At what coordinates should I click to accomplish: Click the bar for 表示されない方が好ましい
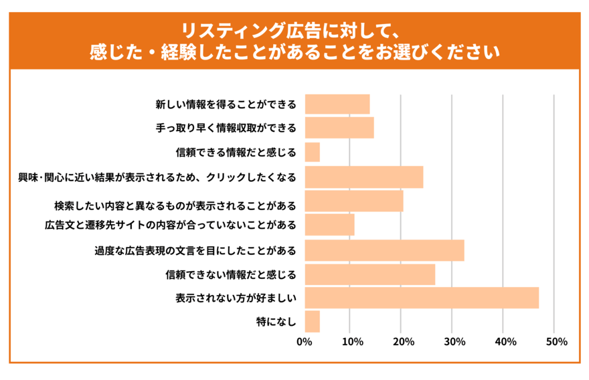tap(422, 298)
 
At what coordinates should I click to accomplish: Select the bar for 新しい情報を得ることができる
tap(337, 104)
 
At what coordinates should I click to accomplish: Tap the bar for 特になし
tap(312, 322)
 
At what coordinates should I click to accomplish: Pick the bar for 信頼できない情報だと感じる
tap(369, 274)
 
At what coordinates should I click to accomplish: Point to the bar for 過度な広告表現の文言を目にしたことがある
tap(384, 250)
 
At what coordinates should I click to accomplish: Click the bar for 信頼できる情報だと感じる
tap(312, 153)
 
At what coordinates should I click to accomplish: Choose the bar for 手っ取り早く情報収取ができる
tap(339, 128)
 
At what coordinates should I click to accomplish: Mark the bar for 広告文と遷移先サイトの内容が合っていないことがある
tap(329, 225)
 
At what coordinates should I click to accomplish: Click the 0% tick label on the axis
tap(305, 342)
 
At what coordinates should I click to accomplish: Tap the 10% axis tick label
tap(352, 342)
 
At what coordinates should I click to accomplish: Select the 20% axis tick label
tap(402, 342)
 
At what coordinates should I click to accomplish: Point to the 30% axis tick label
tap(454, 342)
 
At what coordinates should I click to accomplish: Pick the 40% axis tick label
tap(505, 342)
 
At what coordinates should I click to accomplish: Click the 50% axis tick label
tap(556, 342)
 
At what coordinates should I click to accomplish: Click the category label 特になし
tap(276, 322)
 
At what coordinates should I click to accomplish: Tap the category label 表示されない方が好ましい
tap(236, 298)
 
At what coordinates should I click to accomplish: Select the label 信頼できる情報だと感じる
tap(230, 153)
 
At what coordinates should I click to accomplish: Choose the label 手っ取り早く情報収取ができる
tap(222, 128)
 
